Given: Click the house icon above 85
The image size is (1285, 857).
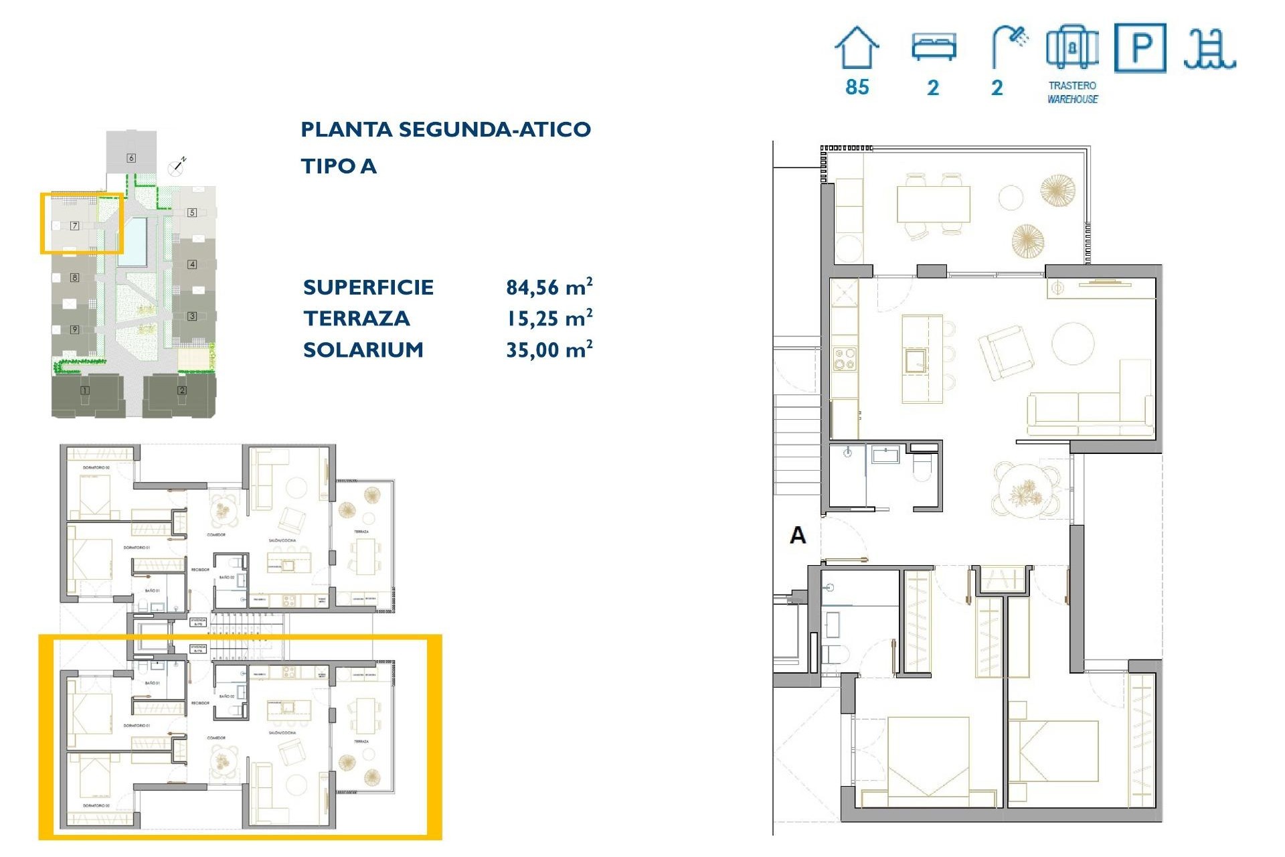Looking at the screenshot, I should tap(856, 48).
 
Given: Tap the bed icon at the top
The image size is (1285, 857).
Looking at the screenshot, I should tap(934, 48).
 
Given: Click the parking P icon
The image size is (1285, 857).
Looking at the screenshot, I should tap(1140, 48).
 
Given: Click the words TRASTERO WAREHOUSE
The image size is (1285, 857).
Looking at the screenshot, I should tap(1072, 92).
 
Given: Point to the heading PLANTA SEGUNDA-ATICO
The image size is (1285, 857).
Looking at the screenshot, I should tap(446, 129).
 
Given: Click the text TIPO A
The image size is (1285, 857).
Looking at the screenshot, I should tap(339, 166).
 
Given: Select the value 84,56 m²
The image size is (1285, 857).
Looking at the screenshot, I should tap(549, 287).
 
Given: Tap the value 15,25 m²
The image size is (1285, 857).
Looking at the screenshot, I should tap(549, 318).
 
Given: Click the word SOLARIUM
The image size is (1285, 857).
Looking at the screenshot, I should tap(363, 349).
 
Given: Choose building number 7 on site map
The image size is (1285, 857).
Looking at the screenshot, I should tap(75, 226).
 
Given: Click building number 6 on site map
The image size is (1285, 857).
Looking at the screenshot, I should tap(131, 158).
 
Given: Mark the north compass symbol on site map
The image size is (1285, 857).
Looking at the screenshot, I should tap(177, 166).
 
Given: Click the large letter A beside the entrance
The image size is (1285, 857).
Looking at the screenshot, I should tap(798, 535).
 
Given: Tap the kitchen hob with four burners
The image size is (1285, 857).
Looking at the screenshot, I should tap(845, 359).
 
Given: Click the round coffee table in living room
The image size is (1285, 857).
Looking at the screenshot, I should tap(1072, 343).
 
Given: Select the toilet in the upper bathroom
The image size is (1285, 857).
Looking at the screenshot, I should tap(922, 468).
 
